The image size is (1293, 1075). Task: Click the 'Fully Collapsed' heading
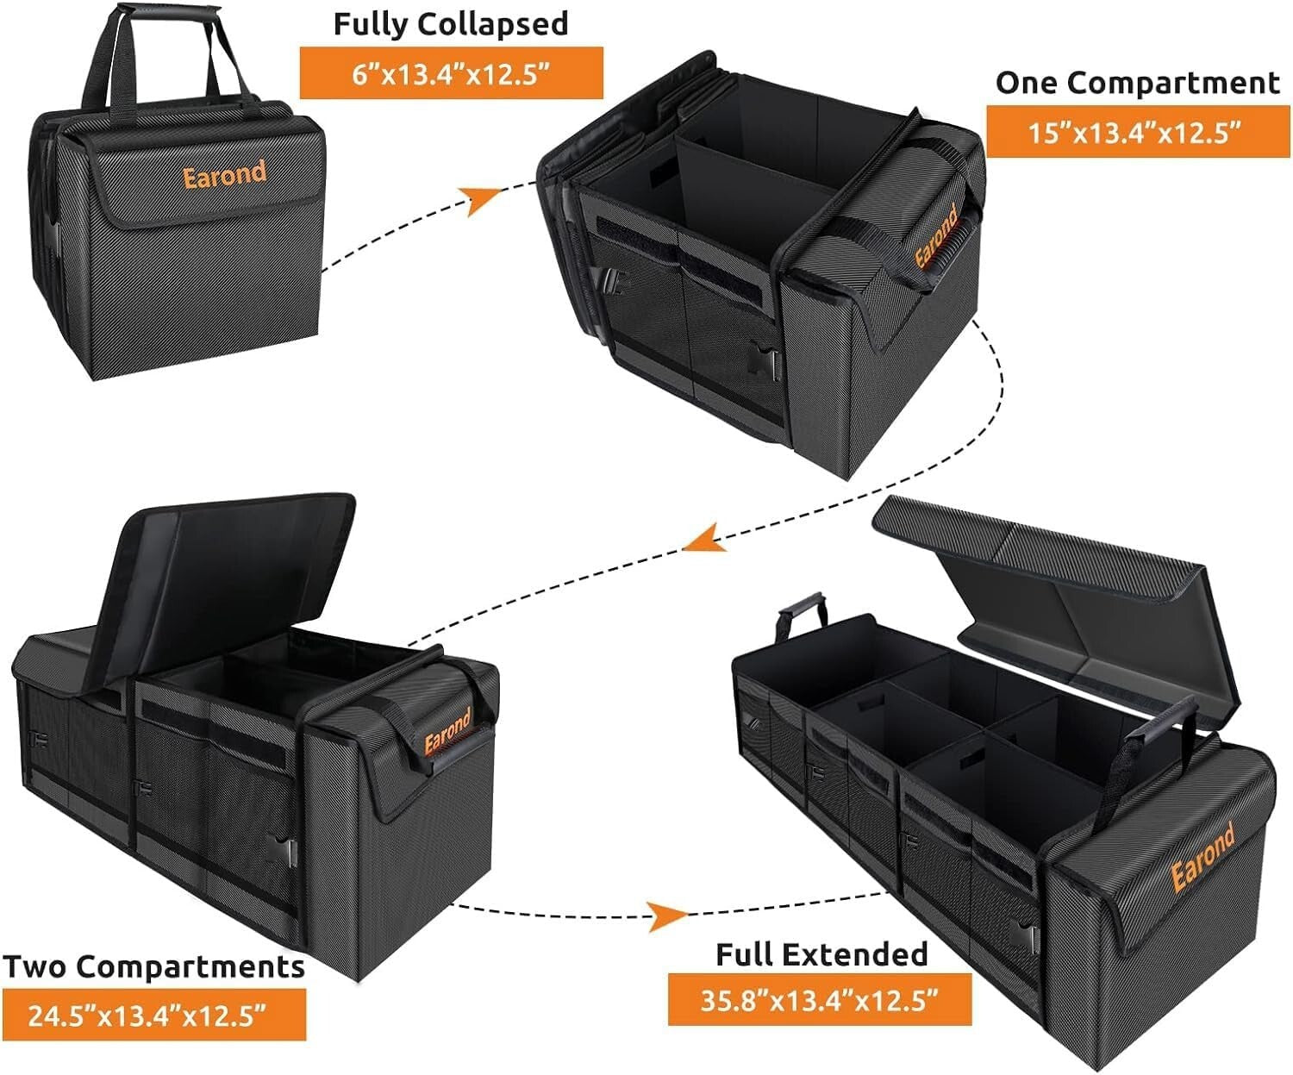[x=451, y=24]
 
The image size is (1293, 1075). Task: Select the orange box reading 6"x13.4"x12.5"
[x=451, y=73]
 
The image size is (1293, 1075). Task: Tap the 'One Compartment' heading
[x=1137, y=83]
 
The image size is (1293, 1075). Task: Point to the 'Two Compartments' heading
[x=153, y=966]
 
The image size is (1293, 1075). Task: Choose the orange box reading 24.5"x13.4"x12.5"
[x=153, y=1015]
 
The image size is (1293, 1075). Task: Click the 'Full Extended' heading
[x=821, y=954]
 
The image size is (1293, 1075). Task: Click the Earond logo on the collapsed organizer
[x=224, y=175]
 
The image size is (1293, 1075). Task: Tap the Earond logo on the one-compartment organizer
[x=936, y=237]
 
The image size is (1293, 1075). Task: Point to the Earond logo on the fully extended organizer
[x=1202, y=857]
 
